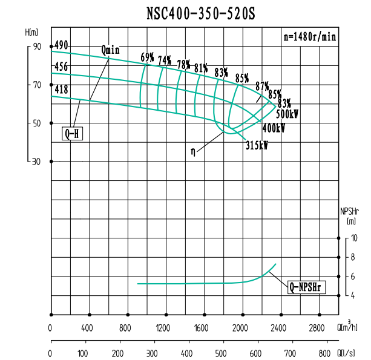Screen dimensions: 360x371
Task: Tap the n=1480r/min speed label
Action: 310,36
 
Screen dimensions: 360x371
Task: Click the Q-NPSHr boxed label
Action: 307,288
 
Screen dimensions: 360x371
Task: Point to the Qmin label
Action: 111,50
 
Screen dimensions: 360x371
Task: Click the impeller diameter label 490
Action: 61,45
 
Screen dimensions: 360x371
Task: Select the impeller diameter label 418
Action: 61,90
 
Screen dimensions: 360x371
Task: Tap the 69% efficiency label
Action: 148,57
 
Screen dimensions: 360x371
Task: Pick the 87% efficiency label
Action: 262,85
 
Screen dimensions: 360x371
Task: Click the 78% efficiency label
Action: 183,64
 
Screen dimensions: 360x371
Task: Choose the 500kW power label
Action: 287,114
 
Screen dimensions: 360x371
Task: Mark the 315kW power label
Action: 257,145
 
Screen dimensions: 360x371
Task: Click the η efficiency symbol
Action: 193,152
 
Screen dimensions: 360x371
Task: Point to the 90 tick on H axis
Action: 37,47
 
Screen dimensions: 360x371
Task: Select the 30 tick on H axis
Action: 37,162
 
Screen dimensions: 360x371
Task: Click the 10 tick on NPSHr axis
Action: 354,238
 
